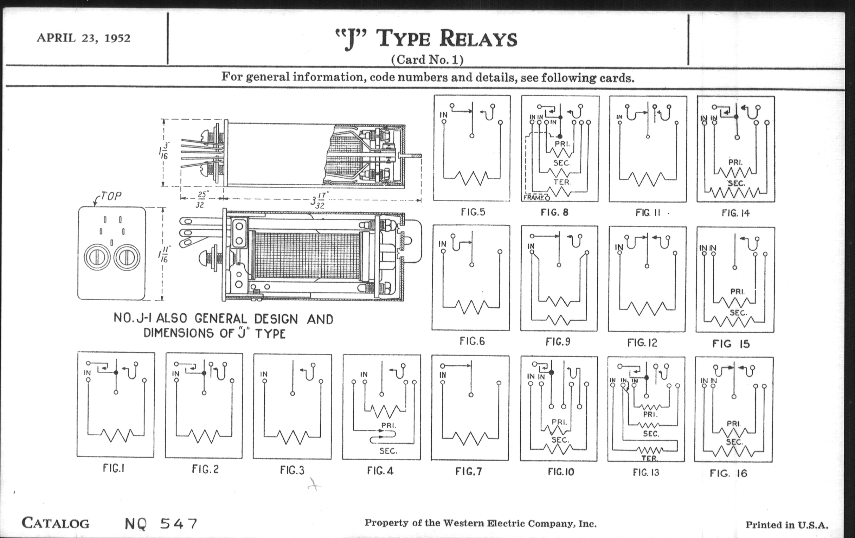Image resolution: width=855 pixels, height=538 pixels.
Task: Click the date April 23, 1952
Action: [x=83, y=38]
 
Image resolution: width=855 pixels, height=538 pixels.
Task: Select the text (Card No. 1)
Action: [x=427, y=59]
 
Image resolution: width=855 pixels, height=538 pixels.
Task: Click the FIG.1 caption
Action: [x=114, y=468]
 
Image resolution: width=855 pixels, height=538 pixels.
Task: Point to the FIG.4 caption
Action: [x=380, y=471]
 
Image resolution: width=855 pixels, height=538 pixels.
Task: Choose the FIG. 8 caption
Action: [x=554, y=212]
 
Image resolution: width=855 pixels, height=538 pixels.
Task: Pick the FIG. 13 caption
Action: [x=645, y=472]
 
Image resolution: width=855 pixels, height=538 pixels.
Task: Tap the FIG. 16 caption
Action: [x=728, y=473]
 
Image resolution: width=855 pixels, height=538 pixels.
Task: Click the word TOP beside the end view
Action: [x=111, y=196]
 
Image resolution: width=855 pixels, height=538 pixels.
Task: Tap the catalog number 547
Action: [x=179, y=524]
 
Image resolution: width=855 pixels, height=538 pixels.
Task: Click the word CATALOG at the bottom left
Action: [x=56, y=523]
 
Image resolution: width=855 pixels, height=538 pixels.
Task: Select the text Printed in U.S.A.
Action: [x=786, y=525]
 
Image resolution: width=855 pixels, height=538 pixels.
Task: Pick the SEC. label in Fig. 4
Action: [x=388, y=451]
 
